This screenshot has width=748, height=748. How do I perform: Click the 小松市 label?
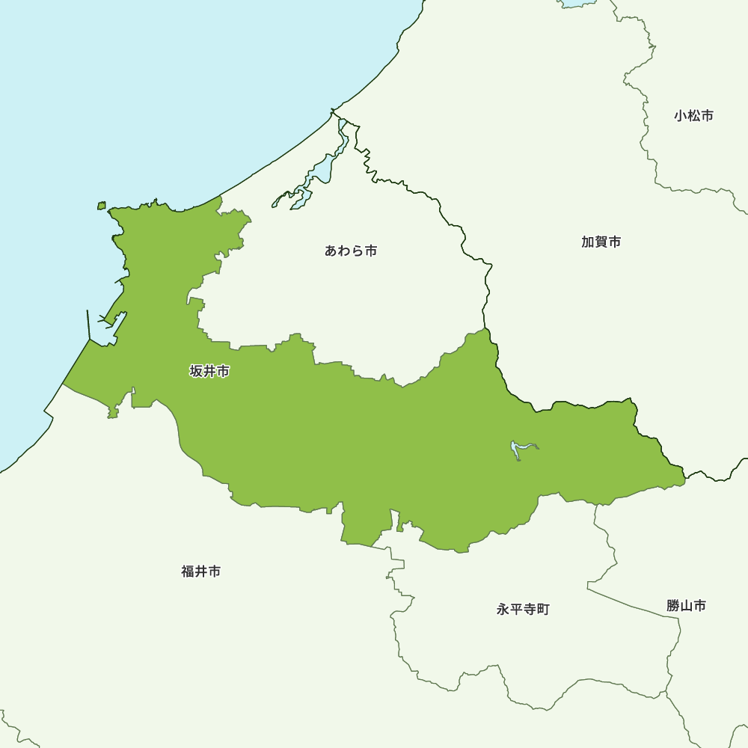693,116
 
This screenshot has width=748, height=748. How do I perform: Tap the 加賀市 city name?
601,242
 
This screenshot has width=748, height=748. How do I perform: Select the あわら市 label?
351,251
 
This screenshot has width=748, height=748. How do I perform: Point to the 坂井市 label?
209,371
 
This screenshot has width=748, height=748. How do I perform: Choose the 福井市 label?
200,571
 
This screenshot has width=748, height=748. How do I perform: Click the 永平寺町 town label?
523,610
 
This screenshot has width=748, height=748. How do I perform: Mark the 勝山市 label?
686,606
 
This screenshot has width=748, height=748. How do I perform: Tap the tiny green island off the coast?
102,205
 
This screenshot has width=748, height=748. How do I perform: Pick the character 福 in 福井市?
188,571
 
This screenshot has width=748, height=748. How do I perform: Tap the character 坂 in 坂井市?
197,371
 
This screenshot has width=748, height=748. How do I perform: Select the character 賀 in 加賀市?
601,242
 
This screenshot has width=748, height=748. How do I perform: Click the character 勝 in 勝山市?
673,606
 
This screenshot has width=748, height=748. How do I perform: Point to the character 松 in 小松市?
693,116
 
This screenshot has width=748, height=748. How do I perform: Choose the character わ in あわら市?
344,251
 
